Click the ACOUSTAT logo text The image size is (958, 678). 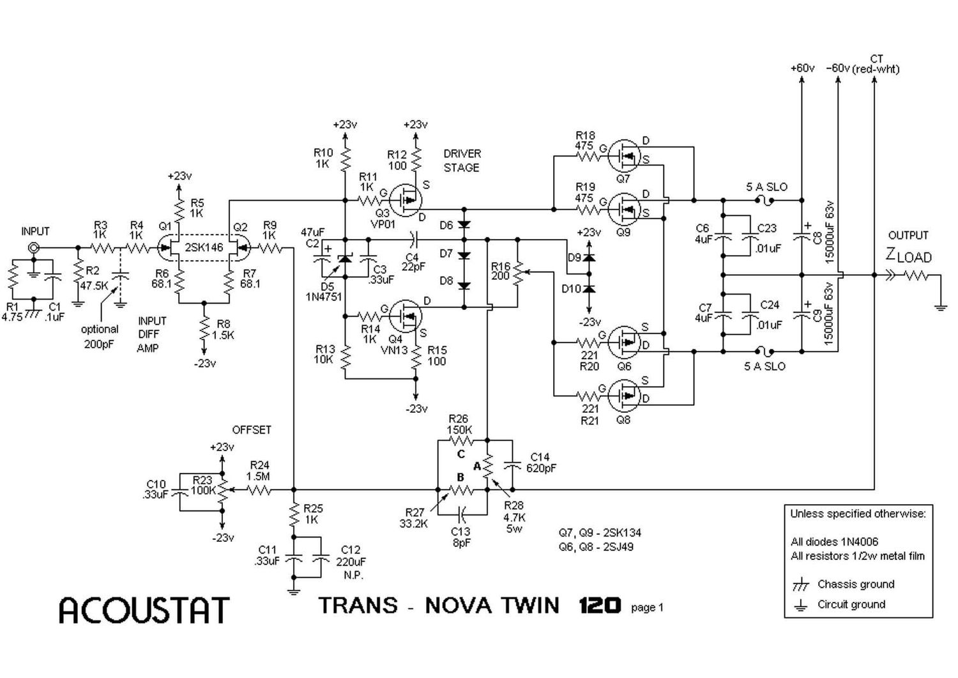tap(144, 610)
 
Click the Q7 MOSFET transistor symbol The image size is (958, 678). tap(623, 155)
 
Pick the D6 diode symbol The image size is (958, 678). tap(464, 226)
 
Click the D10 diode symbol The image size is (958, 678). tap(589, 289)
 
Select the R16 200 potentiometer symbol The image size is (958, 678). tap(518, 272)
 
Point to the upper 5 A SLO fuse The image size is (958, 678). tap(765, 200)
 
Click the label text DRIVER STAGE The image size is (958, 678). tap(461, 160)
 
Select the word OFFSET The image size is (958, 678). tap(252, 430)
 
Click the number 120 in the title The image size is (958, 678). tap(600, 605)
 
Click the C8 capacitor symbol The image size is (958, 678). tap(802, 236)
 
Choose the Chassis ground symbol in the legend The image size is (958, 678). tap(800, 585)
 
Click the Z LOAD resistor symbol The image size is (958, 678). tap(915, 275)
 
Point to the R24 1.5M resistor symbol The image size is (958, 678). tap(260, 491)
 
